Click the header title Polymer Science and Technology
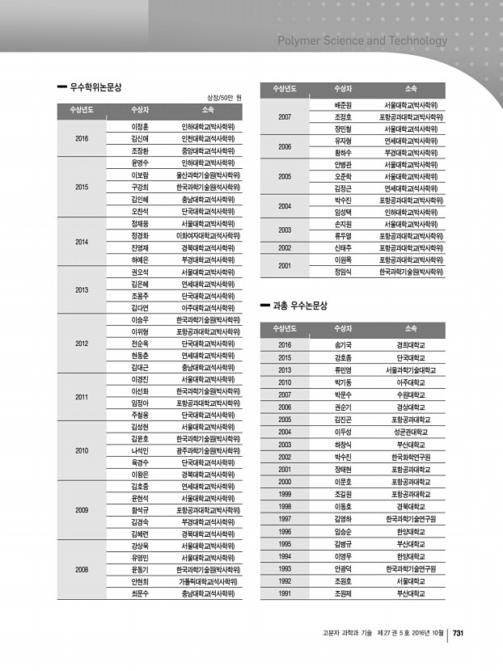[x=361, y=40]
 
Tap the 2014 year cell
[x=82, y=242]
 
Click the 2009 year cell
[x=82, y=510]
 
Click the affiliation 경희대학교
[x=410, y=344]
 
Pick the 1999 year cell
[x=285, y=494]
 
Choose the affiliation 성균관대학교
[x=410, y=432]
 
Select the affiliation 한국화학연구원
[x=410, y=457]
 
